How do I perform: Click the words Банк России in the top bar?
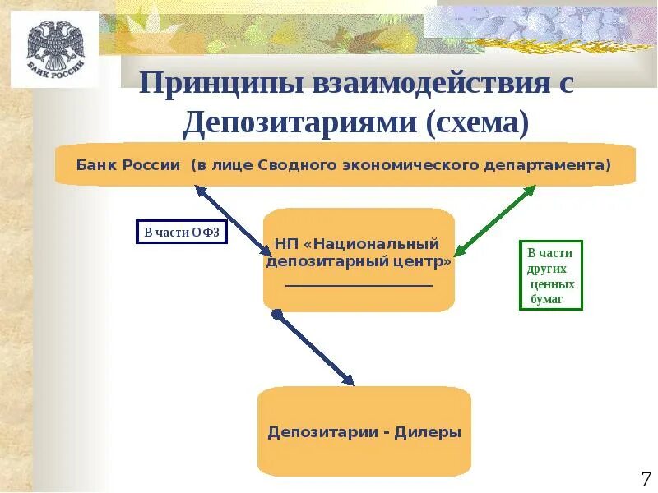128,164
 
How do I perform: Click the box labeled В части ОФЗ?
181,233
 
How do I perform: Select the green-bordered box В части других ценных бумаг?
550,274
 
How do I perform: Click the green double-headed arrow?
495,219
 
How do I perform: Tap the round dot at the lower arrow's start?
277,314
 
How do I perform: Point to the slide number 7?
645,478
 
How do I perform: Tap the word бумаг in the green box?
547,299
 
